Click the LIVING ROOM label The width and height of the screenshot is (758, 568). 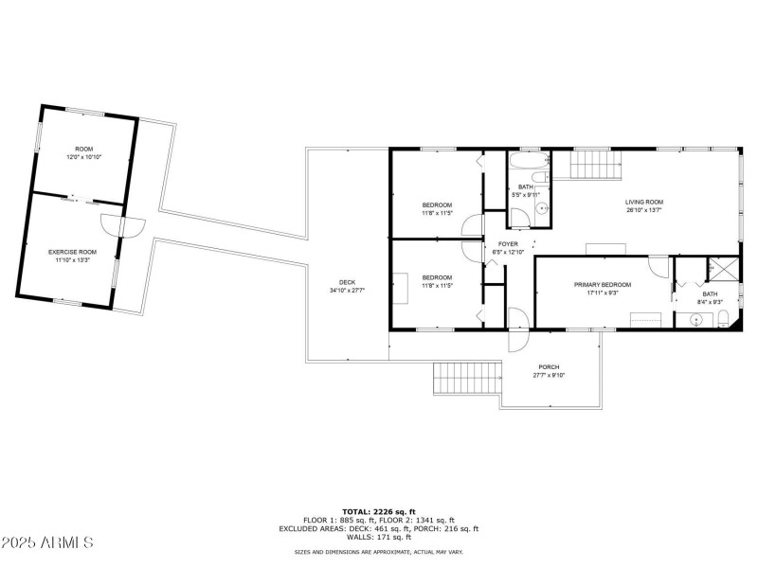[643, 202]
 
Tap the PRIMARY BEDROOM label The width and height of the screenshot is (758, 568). [603, 284]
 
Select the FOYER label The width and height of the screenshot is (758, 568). [508, 244]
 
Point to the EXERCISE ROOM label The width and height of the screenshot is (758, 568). [73, 252]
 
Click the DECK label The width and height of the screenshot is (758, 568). [347, 282]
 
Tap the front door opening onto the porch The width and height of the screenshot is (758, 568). [518, 326]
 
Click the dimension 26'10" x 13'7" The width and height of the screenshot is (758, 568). [643, 210]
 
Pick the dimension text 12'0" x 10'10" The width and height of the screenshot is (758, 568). [83, 157]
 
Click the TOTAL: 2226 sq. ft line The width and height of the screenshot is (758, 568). [379, 511]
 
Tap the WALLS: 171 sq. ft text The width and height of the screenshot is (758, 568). [379, 538]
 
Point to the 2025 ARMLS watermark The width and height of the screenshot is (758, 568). [47, 543]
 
